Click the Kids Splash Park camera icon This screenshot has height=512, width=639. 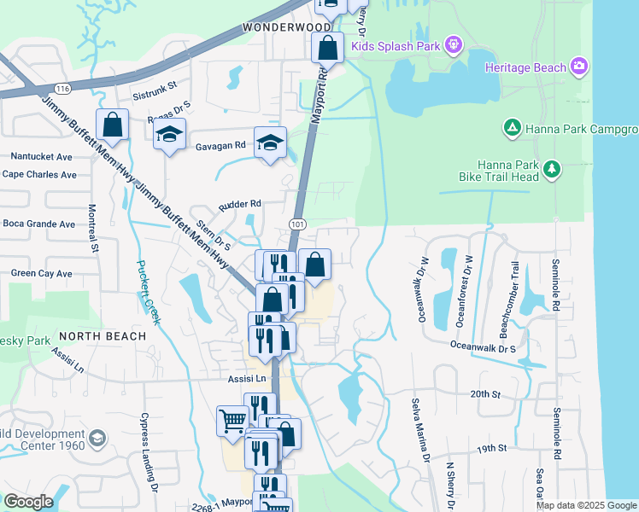(x=453, y=44)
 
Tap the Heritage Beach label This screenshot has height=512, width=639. (x=525, y=67)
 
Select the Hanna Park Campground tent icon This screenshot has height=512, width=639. (x=512, y=129)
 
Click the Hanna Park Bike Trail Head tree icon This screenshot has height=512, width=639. (x=553, y=169)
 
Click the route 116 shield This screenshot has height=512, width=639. (x=62, y=88)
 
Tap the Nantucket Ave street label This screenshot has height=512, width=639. (x=41, y=157)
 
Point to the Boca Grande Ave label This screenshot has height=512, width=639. (x=39, y=224)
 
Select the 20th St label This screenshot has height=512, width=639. (x=484, y=394)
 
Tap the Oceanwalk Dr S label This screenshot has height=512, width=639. (x=484, y=348)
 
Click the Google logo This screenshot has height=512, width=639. (x=28, y=502)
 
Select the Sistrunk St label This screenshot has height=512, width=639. (x=154, y=85)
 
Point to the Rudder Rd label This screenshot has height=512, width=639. (x=239, y=205)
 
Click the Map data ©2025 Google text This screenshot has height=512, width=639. (x=586, y=505)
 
